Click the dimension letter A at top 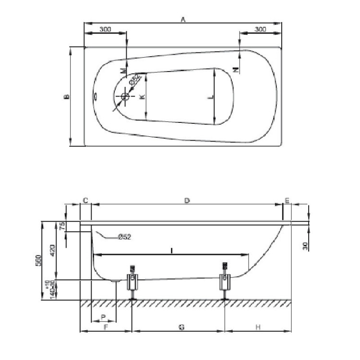tap(183, 19)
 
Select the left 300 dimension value tap(105, 29)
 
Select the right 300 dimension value tap(259, 29)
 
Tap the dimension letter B tap(67, 96)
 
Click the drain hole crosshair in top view tap(125, 96)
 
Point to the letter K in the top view tap(141, 97)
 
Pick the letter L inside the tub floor tap(210, 97)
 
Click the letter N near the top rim tap(235, 69)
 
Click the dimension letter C tap(85, 200)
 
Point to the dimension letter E tap(287, 200)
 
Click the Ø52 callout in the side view tap(124, 237)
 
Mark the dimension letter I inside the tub tap(171, 250)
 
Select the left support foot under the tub tap(132, 284)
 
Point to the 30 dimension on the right tap(305, 246)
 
